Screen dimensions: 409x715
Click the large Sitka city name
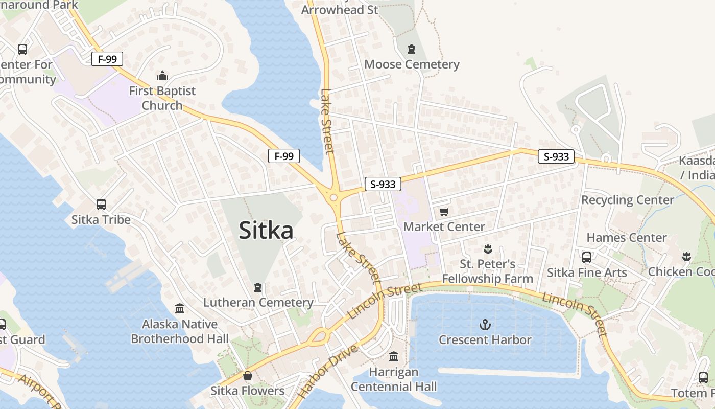point(266,230)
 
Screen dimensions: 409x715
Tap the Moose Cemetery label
point(412,64)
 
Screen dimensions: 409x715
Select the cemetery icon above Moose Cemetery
point(412,49)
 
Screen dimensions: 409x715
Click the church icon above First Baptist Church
point(162,76)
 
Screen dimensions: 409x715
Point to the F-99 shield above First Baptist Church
point(107,59)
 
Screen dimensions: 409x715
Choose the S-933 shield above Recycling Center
point(556,156)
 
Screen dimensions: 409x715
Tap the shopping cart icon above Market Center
point(444,212)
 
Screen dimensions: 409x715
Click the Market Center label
point(444,226)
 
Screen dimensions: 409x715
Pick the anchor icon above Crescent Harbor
point(485,324)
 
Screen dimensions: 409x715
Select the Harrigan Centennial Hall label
point(394,379)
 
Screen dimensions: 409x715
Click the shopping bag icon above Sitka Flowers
point(248,376)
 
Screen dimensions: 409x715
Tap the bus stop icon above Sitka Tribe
point(101,204)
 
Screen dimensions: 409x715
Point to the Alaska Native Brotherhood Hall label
point(180,331)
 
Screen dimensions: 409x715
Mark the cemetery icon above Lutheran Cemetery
point(258,287)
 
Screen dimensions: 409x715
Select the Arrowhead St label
point(340,10)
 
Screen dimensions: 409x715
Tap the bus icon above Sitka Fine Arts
point(587,257)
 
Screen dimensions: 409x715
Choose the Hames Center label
point(626,238)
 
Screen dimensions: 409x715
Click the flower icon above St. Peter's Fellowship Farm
point(487,249)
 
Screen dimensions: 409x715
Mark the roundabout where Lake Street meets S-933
point(333,197)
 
